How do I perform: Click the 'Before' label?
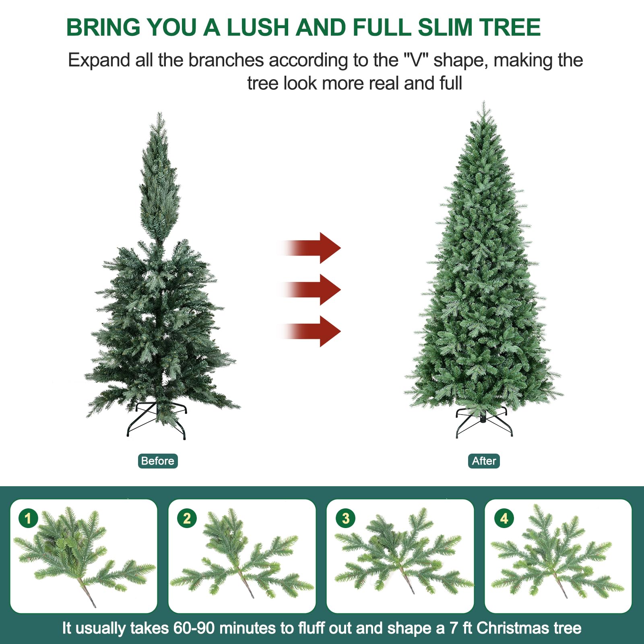pos(157,461)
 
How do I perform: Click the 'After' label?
pos(483,461)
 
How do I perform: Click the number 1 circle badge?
pos(28,518)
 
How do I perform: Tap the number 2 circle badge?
pos(187,518)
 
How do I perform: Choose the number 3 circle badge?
pos(345,518)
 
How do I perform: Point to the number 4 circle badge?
pos(504,518)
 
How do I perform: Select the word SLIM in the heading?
pos(444,27)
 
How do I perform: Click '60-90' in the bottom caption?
pos(194,628)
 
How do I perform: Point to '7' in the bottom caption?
pos(454,628)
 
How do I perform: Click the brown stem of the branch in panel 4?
pos(560,586)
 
